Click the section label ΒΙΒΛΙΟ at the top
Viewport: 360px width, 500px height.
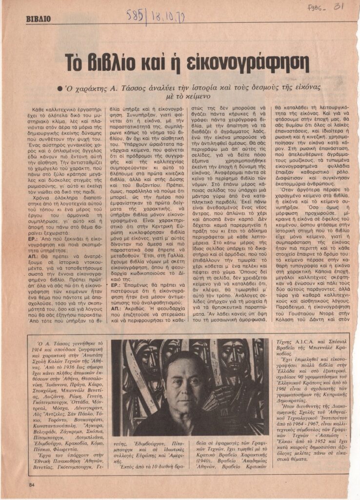(x=39, y=20)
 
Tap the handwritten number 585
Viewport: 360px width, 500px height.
(x=136, y=15)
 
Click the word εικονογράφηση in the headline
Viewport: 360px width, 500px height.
(x=249, y=63)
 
